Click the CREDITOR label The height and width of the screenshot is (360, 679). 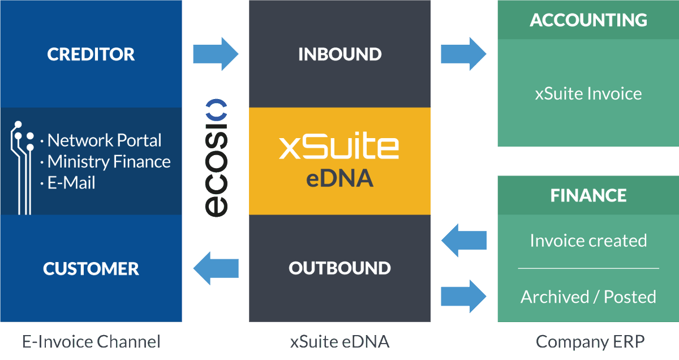click(x=91, y=54)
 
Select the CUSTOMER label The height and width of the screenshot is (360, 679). click(x=91, y=268)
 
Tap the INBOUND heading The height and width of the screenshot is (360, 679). click(x=339, y=54)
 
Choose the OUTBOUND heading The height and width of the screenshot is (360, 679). click(x=339, y=268)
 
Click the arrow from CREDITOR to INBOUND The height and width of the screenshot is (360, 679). click(x=216, y=54)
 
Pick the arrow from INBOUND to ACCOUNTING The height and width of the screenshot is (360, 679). click(x=463, y=54)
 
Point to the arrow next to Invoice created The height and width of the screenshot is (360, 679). click(x=463, y=241)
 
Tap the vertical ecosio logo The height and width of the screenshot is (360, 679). click(x=216, y=158)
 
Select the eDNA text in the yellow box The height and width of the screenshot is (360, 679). click(x=339, y=179)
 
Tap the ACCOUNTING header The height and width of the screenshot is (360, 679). click(x=588, y=20)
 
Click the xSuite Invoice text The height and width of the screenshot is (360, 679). click(x=588, y=93)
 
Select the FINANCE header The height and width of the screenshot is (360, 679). click(x=588, y=196)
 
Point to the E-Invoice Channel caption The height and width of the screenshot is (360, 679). click(x=91, y=342)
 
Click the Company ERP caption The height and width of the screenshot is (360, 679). click(x=590, y=342)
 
